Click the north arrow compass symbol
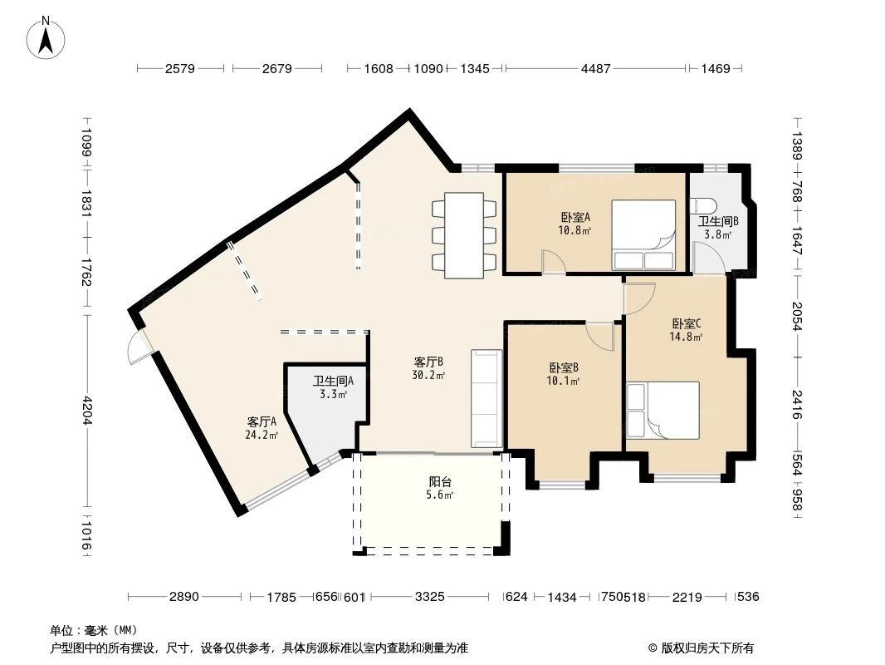46,37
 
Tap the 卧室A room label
575,217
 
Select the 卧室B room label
563,367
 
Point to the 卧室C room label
687,323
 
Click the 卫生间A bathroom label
333,381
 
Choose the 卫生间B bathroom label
718,221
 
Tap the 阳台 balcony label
440,482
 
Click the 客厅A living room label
262,421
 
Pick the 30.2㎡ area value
428,375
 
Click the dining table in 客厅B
464,235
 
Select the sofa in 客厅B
487,398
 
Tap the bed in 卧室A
643,234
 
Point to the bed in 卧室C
663,410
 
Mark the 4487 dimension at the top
595,69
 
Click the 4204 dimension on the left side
87,410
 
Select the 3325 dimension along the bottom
429,597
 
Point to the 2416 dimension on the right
796,405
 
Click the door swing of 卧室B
599,337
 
